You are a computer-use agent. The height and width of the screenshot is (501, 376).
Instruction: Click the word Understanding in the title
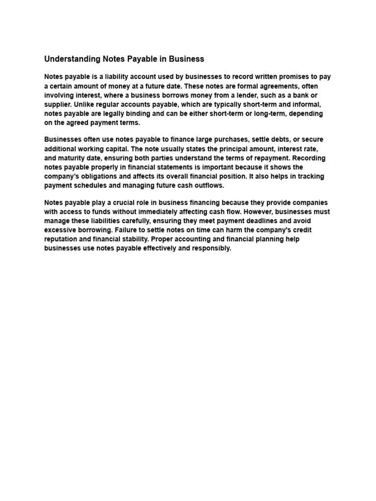[x=72, y=59]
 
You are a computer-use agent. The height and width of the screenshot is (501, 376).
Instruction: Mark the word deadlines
[x=257, y=221]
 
